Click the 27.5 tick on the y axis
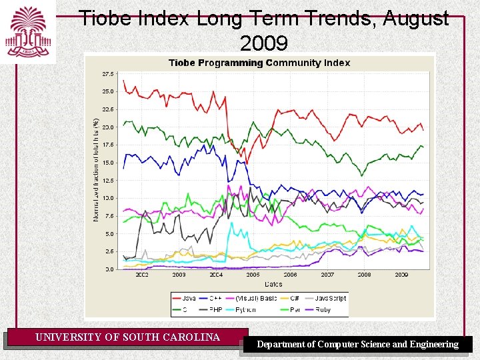[107, 73]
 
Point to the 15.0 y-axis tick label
[107, 163]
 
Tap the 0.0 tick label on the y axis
[109, 269]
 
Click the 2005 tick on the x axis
[253, 275]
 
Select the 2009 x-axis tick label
[401, 275]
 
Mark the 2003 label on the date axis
[179, 275]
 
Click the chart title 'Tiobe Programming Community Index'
[259, 63]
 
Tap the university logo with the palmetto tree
[27, 31]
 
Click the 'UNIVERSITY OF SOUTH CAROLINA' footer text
[127, 337]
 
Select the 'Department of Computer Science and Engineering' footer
[358, 345]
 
